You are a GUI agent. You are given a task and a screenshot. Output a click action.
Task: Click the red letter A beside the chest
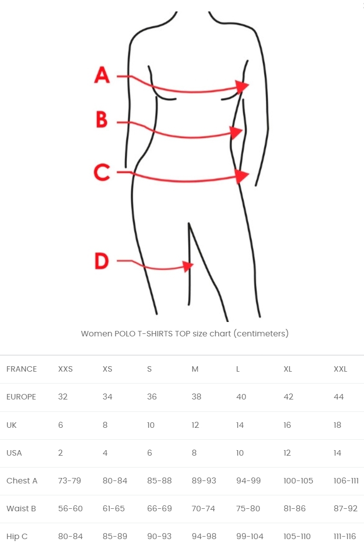coord(102,75)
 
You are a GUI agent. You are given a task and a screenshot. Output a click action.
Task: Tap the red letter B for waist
coord(102,119)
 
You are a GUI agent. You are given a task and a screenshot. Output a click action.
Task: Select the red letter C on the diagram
coord(102,172)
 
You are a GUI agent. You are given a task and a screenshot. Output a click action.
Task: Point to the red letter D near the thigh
coord(102,261)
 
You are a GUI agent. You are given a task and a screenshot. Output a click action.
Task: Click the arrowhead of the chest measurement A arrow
coord(243,86)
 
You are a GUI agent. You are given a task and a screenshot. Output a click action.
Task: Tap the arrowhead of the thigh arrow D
coord(188,266)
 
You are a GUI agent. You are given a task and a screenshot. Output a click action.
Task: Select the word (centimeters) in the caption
coord(261,333)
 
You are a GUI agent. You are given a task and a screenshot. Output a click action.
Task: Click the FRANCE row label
coord(21,369)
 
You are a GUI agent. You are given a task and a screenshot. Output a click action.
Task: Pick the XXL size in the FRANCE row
coord(340,369)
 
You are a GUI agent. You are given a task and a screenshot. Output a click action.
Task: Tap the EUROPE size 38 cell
coord(196,397)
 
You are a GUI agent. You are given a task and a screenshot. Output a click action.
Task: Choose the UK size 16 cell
coord(287,425)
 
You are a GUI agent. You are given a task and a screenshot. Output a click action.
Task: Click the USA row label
coord(14,453)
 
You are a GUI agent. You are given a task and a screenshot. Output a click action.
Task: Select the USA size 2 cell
coord(61,453)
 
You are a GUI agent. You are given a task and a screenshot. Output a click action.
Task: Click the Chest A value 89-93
coord(204,480)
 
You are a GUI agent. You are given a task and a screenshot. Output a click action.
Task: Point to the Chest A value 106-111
coord(346,480)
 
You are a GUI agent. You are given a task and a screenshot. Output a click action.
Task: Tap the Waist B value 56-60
coord(71,508)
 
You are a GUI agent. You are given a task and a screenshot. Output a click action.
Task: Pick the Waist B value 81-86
coord(295,508)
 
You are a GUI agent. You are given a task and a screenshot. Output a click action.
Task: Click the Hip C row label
coord(17,536)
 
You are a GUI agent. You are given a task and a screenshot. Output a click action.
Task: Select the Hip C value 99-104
coord(250,536)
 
